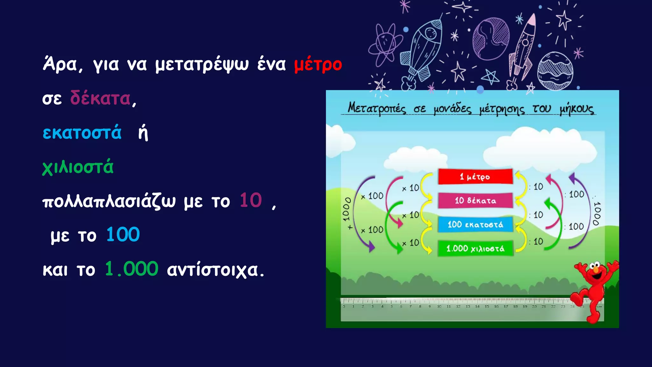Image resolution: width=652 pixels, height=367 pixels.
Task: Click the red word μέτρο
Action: pyautogui.click(x=318, y=65)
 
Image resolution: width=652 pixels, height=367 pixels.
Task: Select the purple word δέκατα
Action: pyautogui.click(x=100, y=98)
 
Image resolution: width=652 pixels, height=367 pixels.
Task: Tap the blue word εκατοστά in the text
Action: pyautogui.click(x=82, y=133)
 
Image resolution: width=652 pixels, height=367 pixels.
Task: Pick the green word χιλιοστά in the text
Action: pyautogui.click(x=78, y=167)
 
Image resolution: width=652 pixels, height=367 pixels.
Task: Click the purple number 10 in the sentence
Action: pyautogui.click(x=251, y=201)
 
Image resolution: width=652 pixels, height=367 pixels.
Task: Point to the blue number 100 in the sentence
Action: pyautogui.click(x=123, y=235)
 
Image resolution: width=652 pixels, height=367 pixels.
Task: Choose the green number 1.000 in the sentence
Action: pyautogui.click(x=131, y=269)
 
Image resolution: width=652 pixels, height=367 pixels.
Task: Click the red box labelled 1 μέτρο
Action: pyautogui.click(x=475, y=176)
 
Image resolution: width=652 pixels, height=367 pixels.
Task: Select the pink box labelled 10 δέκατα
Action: pyautogui.click(x=475, y=200)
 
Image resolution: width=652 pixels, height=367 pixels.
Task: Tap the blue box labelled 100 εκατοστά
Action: pyautogui.click(x=475, y=224)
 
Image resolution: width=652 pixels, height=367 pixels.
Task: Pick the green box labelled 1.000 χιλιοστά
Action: pyautogui.click(x=475, y=248)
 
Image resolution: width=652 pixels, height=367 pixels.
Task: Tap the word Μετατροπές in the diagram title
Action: pyautogui.click(x=376, y=108)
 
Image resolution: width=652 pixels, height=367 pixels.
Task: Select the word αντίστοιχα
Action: pyautogui.click(x=215, y=270)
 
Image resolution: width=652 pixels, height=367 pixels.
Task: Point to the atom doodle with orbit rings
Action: pyautogui.click(x=385, y=44)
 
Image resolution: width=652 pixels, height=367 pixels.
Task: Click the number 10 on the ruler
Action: pyautogui.click(x=439, y=306)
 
